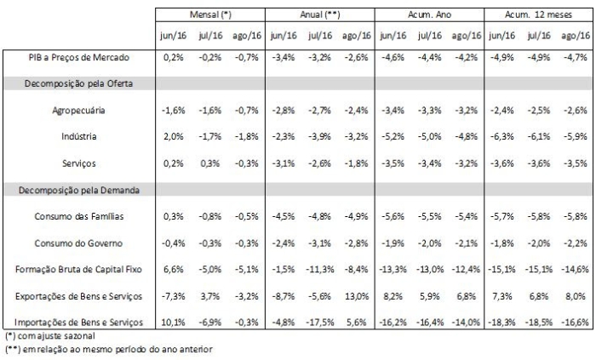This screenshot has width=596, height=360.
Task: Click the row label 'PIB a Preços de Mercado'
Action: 78,56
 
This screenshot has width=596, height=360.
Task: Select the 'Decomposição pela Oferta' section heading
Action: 78,83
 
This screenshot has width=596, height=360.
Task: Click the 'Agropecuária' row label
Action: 78,110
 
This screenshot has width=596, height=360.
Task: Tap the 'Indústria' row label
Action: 78,136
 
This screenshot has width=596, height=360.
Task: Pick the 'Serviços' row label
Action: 78,163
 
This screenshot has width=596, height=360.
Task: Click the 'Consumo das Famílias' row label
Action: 78,217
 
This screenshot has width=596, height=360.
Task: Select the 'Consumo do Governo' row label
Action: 78,243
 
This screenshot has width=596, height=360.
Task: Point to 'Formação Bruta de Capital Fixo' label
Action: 78,270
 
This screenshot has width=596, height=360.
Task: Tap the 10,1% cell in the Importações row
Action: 174,323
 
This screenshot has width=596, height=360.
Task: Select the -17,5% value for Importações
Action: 318,323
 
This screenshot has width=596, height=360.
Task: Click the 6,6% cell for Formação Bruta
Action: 174,270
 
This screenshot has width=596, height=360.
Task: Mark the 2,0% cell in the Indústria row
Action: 174,136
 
